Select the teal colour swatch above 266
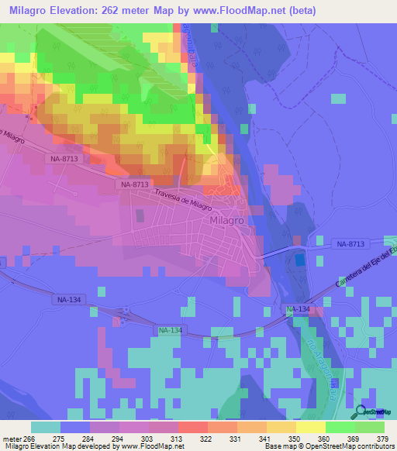click(46, 427)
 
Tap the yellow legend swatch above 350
click(281, 427)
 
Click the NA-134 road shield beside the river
click(299, 309)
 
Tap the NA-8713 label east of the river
click(350, 244)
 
